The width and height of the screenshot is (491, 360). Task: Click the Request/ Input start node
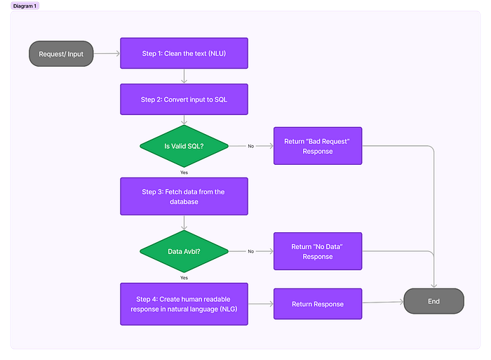coord(61,53)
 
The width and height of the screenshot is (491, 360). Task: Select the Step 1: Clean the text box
coord(184,53)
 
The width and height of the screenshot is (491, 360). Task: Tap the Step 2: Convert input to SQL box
coord(184,100)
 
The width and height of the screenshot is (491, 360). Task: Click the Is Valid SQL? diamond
coord(184,146)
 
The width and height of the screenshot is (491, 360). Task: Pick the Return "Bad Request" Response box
coord(317,146)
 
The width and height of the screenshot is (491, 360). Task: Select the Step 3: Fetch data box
coord(184,196)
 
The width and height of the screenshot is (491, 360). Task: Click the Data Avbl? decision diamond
coord(184,251)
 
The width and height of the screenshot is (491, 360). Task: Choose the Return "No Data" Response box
coord(317,251)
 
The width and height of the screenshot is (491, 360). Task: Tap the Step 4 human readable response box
coord(184,304)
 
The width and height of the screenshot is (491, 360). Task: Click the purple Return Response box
coord(317,304)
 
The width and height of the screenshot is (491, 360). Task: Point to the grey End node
coord(433,301)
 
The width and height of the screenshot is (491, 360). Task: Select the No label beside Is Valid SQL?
coord(251,146)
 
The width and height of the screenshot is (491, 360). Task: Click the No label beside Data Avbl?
coord(251,251)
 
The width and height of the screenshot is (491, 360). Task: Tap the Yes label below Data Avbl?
coord(184,277)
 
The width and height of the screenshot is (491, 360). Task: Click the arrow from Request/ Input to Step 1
coord(107,53)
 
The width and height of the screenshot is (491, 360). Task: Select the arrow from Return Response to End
coord(383,302)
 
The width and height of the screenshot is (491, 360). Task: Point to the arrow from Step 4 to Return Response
coord(260,304)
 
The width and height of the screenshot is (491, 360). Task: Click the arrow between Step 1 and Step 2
coord(184,76)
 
